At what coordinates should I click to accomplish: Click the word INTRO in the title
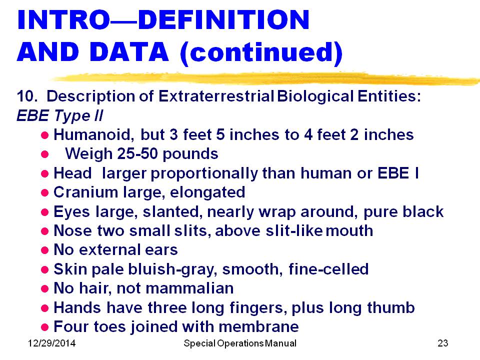pos(63,20)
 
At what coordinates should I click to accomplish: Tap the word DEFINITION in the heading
pos(224,20)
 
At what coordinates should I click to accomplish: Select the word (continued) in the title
pos(261,53)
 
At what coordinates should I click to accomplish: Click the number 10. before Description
pos(27,96)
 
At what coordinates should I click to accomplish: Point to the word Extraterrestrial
pos(216,96)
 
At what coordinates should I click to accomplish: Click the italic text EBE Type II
pos(60,115)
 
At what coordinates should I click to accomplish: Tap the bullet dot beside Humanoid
pos(44,135)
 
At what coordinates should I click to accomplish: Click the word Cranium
pos(85,192)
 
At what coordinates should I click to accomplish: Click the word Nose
pos(72,230)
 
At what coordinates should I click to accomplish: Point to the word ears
pos(161,250)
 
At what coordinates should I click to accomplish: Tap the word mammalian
pos(190,288)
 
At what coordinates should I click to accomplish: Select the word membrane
pos(258,326)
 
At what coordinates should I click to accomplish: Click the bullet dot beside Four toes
pos(44,327)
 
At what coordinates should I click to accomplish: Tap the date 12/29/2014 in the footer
pos(51,343)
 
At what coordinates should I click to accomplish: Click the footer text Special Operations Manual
pos(240,343)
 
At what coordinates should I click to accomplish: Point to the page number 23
pos(443,343)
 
